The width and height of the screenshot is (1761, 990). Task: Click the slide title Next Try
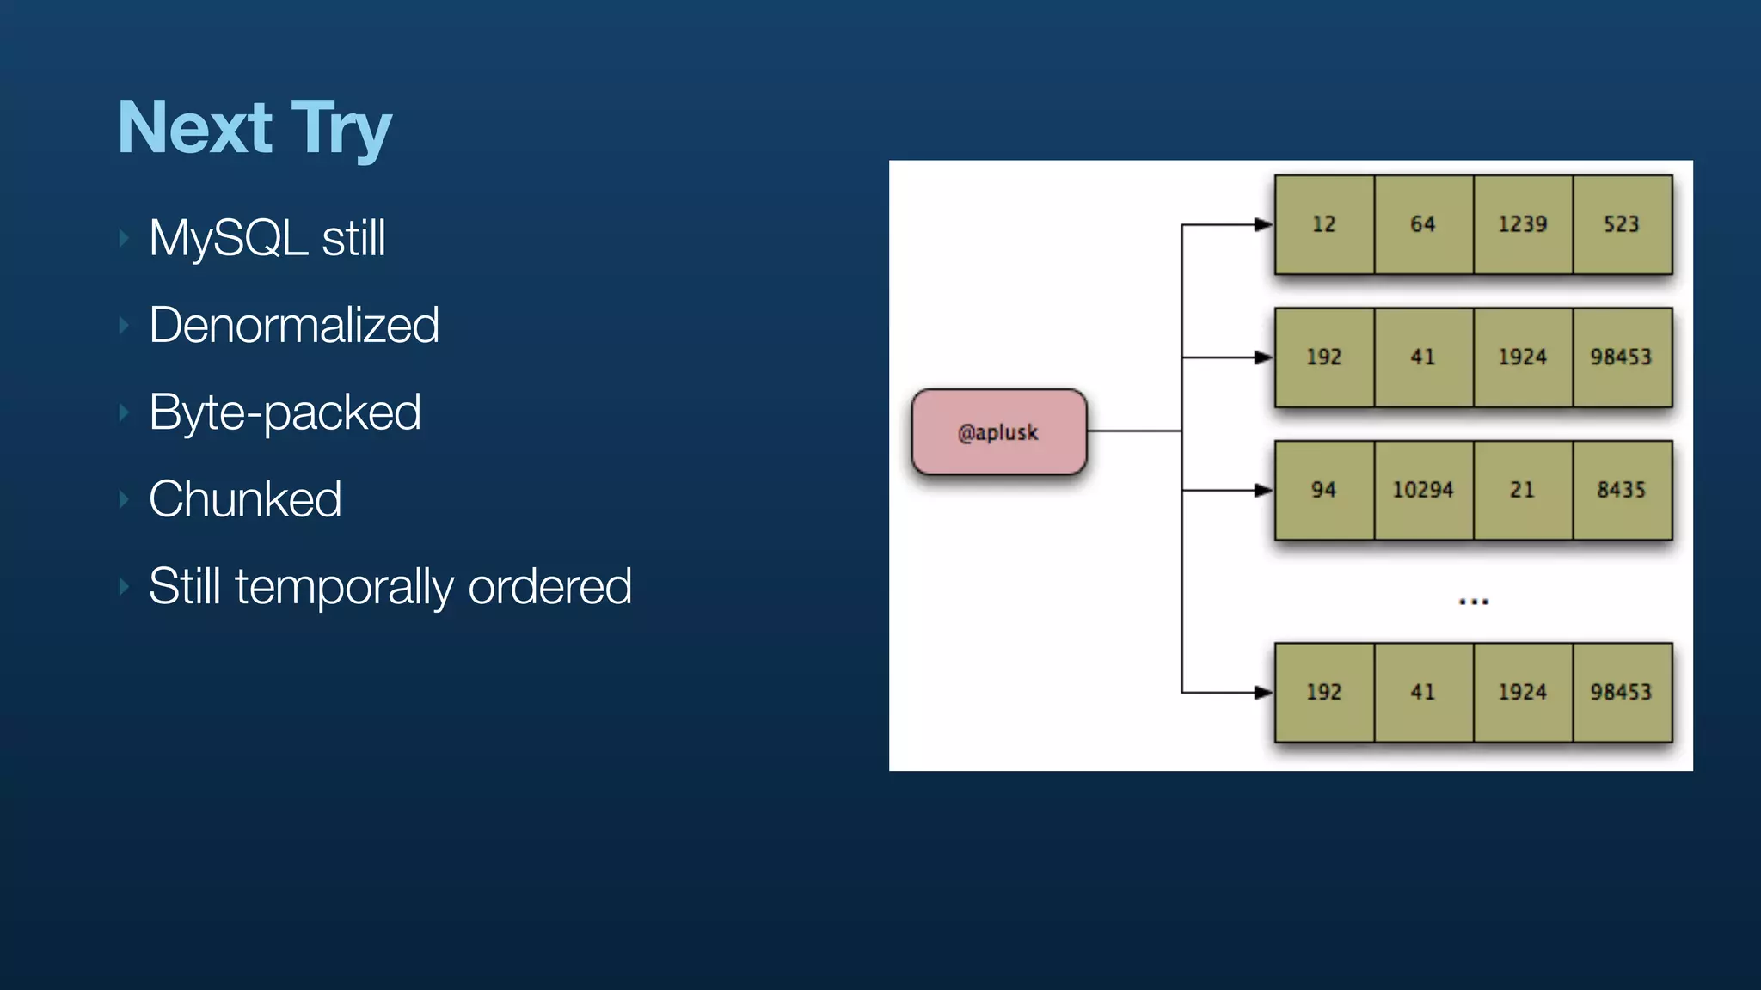pos(255,128)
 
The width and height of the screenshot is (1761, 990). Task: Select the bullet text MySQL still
pos(267,238)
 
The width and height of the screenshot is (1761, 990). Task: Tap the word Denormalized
pos(293,325)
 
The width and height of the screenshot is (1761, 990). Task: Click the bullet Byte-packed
pos(285,412)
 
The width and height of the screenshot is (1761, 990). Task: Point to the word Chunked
pos(245,499)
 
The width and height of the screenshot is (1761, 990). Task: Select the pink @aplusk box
pos(998,431)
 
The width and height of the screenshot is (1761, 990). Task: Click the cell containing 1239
pos(1522,224)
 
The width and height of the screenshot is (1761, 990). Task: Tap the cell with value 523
pos(1621,224)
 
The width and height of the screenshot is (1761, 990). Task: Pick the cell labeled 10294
pos(1423,490)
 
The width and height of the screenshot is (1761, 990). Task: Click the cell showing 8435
pos(1621,490)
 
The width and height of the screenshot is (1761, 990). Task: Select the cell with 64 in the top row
pos(1423,224)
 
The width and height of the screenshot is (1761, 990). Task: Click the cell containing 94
pos(1323,490)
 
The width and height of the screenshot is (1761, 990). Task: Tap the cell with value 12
pos(1323,224)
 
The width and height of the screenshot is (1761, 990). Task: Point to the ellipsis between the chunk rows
pos(1473,602)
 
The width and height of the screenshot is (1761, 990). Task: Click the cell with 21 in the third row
pos(1522,490)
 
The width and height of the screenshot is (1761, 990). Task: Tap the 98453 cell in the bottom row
pos(1621,692)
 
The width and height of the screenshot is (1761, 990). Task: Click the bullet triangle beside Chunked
pos(124,499)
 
